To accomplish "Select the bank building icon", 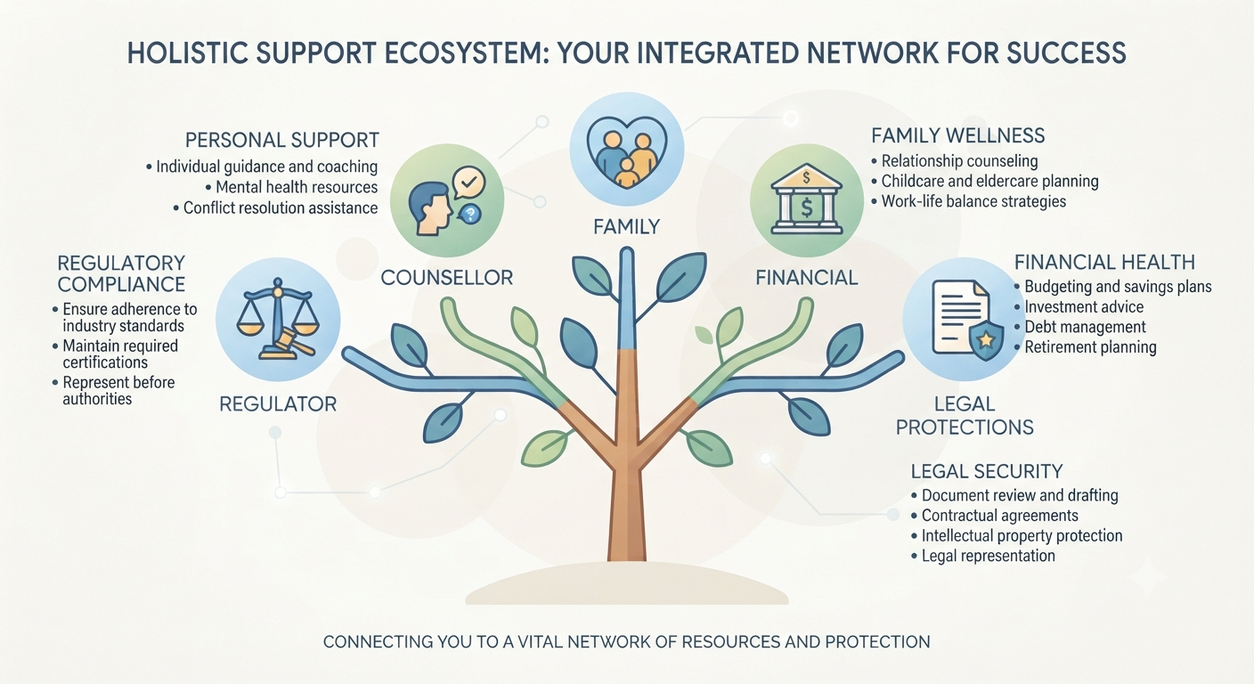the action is (x=806, y=199).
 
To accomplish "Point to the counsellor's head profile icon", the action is (x=429, y=209).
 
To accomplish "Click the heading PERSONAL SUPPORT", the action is (x=282, y=140).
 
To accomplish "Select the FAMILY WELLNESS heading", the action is (x=957, y=135).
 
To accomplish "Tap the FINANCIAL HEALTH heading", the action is (x=1104, y=262).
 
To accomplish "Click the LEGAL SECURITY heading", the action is (x=987, y=471).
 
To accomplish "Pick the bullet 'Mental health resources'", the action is (x=291, y=187).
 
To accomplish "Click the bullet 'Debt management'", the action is (x=1080, y=327).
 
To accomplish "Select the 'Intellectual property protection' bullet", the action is (x=1016, y=535).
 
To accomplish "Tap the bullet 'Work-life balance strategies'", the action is (x=968, y=201).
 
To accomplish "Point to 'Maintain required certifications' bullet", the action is (x=115, y=354).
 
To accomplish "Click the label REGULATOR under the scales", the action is (x=278, y=404).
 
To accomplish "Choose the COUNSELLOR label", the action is (x=447, y=278).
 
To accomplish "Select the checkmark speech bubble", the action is (x=468, y=183).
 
